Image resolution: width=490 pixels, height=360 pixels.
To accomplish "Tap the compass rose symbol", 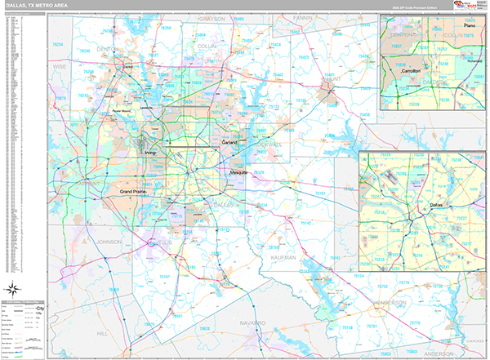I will (15, 287).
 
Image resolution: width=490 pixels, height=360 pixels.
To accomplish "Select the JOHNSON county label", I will (108, 242).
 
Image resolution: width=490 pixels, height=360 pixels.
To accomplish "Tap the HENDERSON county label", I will (390, 302).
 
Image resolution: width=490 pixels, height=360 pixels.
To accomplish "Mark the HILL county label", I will (101, 333).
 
